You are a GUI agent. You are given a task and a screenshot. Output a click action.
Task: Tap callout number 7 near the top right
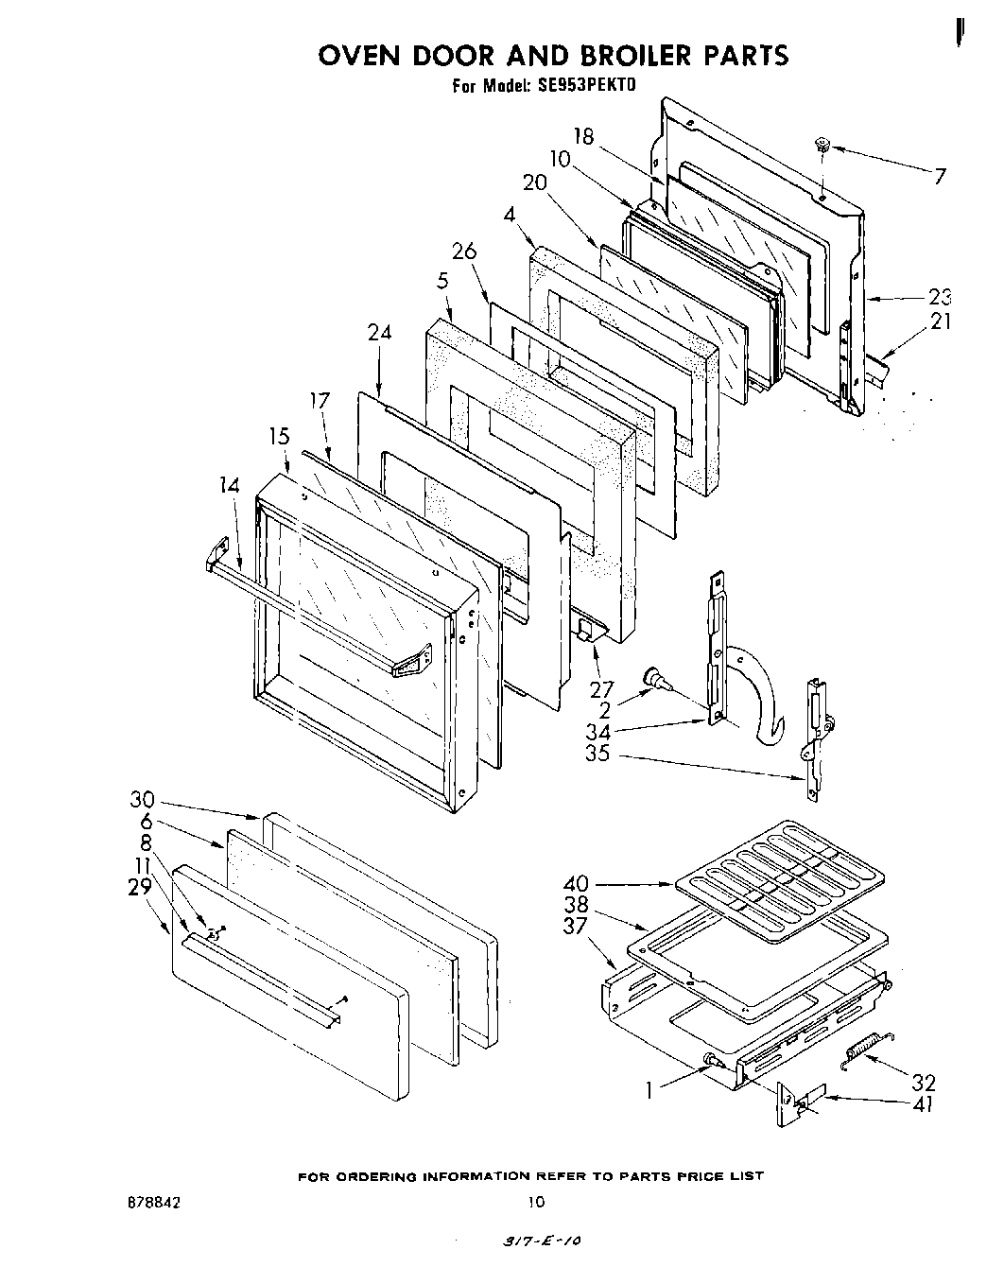pyautogui.click(x=939, y=175)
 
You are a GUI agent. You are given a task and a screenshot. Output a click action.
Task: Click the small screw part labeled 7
pyautogui.click(x=822, y=147)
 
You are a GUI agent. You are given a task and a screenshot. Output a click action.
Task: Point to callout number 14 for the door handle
pyautogui.click(x=228, y=486)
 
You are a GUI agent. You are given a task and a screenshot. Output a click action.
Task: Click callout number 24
pyautogui.click(x=379, y=333)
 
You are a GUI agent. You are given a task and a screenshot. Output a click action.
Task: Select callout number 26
pyautogui.click(x=464, y=252)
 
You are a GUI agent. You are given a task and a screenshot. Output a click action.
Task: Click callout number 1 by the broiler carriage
pyautogui.click(x=649, y=1090)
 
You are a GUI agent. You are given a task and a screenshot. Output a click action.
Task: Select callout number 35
pyautogui.click(x=597, y=755)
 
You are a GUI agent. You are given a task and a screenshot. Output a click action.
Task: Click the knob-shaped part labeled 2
pyautogui.click(x=653, y=678)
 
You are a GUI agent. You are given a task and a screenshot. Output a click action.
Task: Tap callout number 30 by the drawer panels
pyautogui.click(x=142, y=799)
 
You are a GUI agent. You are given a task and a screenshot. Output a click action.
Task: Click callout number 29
pyautogui.click(x=140, y=886)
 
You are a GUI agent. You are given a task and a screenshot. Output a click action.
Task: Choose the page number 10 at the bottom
pyautogui.click(x=535, y=1203)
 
